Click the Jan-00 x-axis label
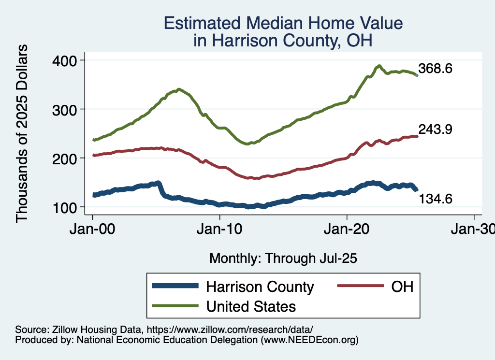93,228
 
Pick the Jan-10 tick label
220,228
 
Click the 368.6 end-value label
435,69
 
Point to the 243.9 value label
435,130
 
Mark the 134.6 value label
435,198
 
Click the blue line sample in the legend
175,286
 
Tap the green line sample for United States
175,305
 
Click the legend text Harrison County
260,287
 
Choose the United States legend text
251,306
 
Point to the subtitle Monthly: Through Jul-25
283,259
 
